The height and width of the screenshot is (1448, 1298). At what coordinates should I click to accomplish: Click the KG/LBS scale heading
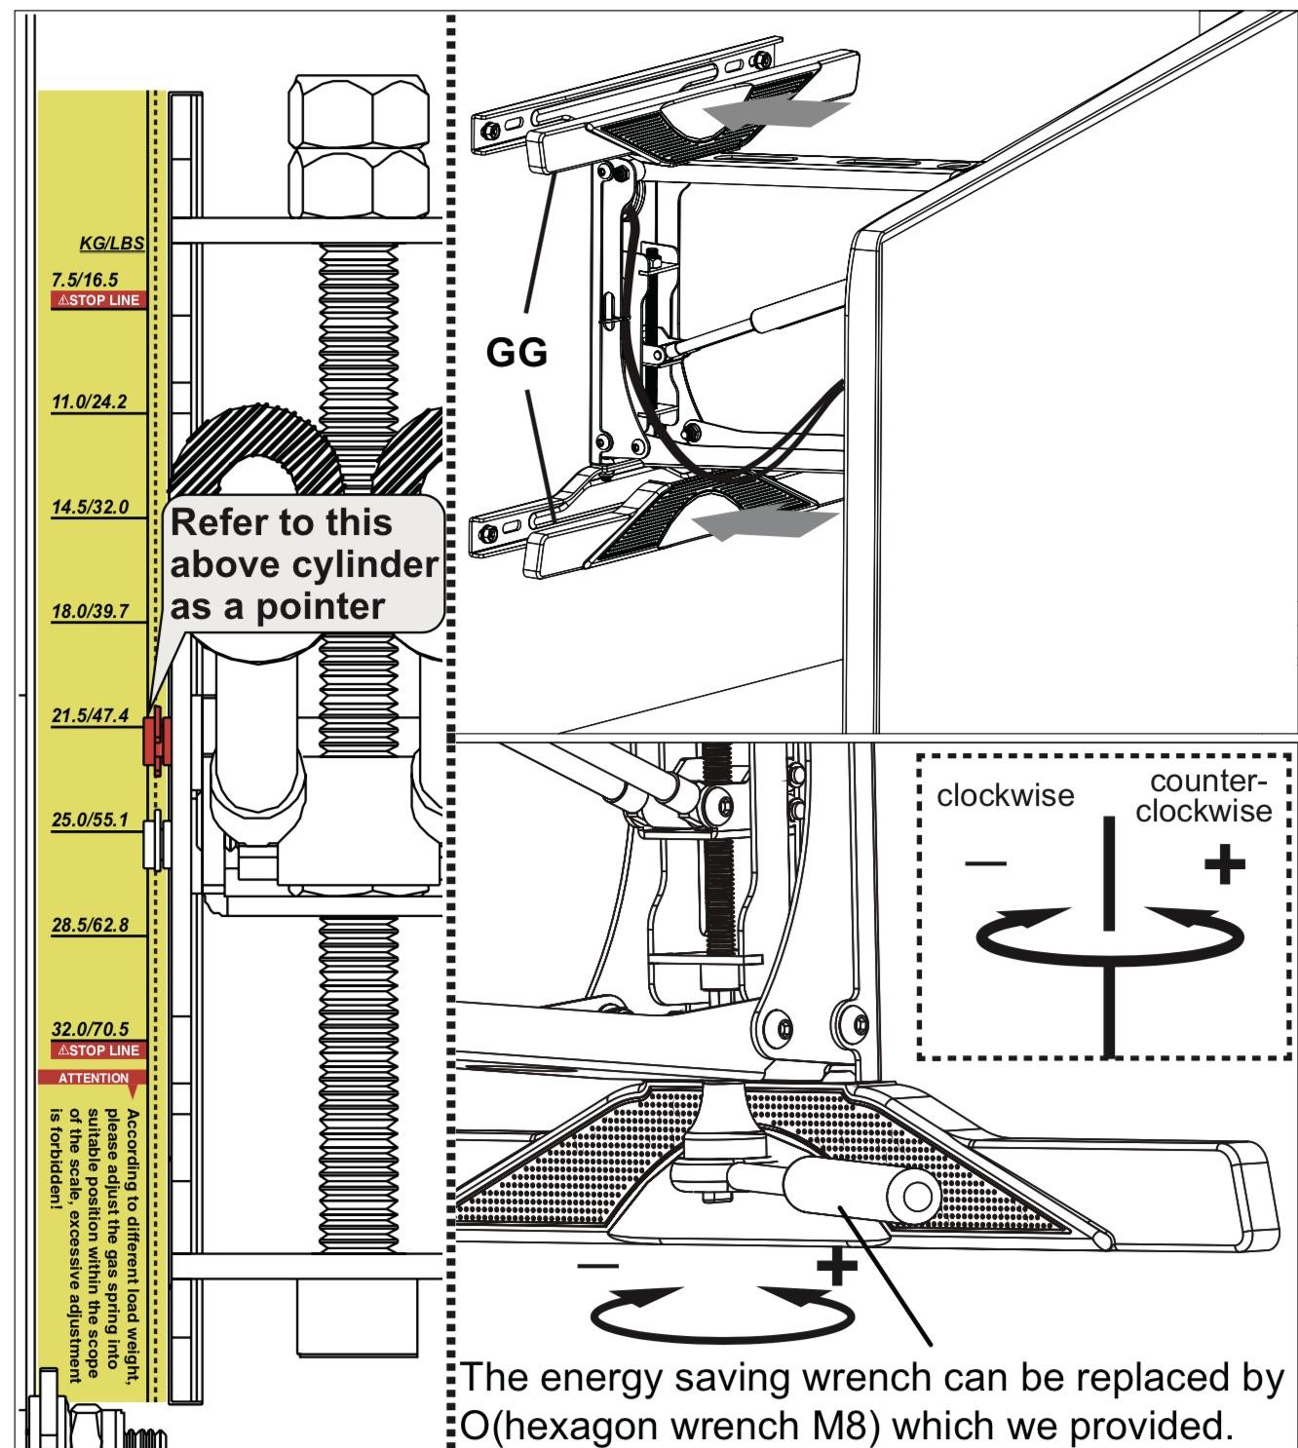[x=111, y=243]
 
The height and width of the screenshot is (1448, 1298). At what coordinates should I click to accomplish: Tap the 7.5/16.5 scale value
[x=85, y=280]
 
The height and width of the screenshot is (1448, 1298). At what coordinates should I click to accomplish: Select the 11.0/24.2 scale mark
[x=89, y=401]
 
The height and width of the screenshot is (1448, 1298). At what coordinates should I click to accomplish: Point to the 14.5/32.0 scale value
[x=89, y=508]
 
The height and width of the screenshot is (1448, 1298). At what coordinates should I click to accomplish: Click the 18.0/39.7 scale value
[x=89, y=611]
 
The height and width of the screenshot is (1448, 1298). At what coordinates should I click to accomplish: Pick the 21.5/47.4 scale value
[x=89, y=716]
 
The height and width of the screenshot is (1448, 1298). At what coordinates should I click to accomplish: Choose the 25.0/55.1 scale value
[x=89, y=820]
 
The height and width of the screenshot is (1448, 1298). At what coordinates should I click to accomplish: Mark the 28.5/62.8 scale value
[x=89, y=925]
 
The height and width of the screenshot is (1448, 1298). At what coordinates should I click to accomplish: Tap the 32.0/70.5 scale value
[x=89, y=1030]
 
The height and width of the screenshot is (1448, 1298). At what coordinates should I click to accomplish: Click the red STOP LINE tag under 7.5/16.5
[x=97, y=300]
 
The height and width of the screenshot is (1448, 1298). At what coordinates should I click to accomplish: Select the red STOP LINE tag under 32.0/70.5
[x=97, y=1050]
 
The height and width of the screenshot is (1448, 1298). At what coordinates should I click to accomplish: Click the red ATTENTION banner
[x=93, y=1078]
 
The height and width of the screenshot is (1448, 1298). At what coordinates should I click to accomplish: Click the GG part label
[x=516, y=353]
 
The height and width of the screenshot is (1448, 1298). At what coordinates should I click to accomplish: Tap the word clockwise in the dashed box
[x=1005, y=796]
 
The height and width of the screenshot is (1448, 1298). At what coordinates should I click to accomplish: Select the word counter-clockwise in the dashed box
[x=1203, y=796]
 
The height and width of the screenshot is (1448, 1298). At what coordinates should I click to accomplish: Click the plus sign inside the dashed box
[x=1224, y=865]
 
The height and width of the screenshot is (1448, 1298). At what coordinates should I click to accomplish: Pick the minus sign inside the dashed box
[x=987, y=864]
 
